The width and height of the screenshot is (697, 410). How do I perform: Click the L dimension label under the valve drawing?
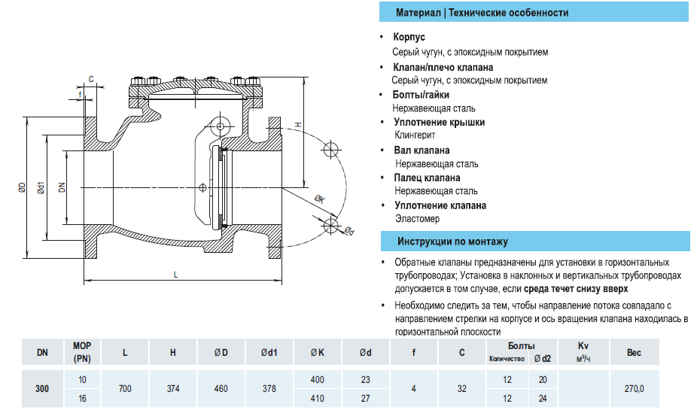[x=175, y=275]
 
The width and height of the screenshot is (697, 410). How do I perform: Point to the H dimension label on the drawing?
[x=297, y=124]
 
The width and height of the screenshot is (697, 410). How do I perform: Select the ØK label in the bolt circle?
[x=319, y=199]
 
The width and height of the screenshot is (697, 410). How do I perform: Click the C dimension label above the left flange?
[x=90, y=78]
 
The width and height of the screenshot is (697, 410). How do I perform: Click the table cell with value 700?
[x=125, y=389]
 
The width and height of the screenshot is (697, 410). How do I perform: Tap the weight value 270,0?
[x=634, y=389]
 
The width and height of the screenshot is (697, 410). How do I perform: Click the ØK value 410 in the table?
[x=317, y=398]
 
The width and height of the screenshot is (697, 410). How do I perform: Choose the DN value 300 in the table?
[x=42, y=389]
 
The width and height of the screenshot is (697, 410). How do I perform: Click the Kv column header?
[x=583, y=345]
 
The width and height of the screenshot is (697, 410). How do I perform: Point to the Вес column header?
[x=634, y=351]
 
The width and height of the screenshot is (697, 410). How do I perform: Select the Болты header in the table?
[x=521, y=345]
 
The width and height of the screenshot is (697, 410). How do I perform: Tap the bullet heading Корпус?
[x=409, y=37]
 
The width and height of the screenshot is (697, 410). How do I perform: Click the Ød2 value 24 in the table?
[x=543, y=398]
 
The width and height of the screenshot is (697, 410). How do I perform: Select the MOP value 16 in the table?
[x=82, y=398]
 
